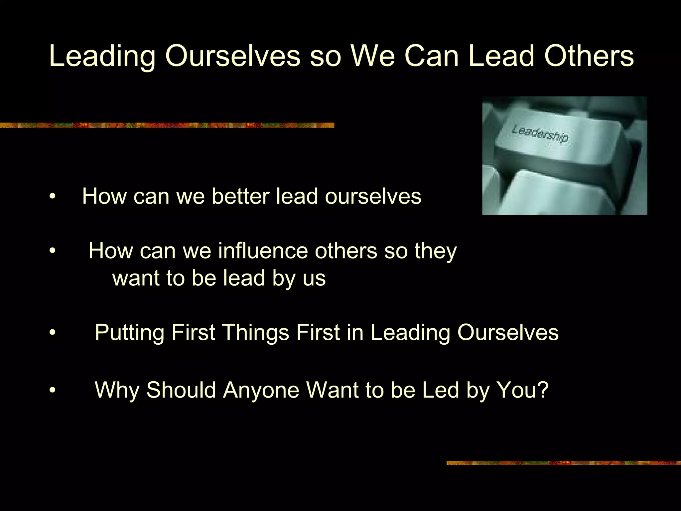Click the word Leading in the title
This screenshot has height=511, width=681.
[x=102, y=57]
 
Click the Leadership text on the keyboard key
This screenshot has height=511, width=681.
[x=540, y=133]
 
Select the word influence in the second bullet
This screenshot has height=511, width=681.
[x=263, y=251]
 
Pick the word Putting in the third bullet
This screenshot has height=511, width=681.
[x=129, y=333]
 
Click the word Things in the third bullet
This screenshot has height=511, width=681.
[x=255, y=333]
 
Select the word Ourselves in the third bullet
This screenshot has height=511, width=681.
[x=508, y=333]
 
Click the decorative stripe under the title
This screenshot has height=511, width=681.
[x=166, y=125]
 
